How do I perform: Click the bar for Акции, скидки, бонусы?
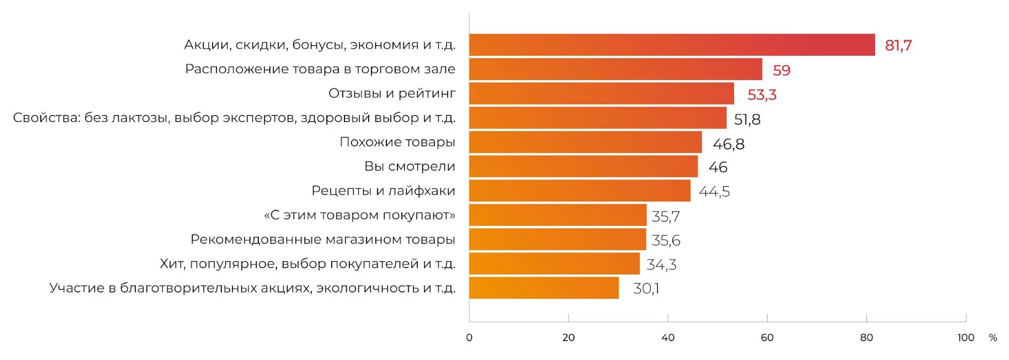point(672,45)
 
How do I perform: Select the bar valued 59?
point(615,69)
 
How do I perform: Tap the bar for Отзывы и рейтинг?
point(602,93)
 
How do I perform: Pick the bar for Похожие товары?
point(585,142)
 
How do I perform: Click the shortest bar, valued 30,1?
point(544,288)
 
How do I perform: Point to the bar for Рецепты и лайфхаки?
point(580,190)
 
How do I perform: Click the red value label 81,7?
point(898,45)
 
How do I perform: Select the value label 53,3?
point(762,95)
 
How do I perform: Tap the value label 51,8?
point(747,119)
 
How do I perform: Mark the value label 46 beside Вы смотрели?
point(718,167)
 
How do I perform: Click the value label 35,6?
point(666,240)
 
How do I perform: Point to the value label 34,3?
point(661,264)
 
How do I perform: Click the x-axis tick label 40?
point(667,337)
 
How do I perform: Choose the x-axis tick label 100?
point(965,337)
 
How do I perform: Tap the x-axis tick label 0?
point(469,337)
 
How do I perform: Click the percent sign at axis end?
point(993,337)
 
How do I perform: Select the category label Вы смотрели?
point(410,166)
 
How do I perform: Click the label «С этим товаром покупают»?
point(359,215)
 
